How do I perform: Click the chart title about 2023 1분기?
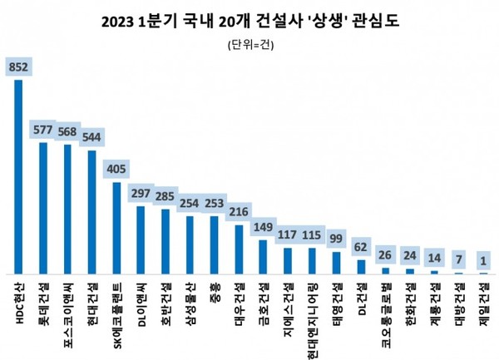(249, 20)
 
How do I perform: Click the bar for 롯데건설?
(42, 208)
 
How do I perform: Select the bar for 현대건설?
(91, 212)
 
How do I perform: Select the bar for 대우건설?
(238, 249)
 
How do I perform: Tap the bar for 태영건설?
(335, 263)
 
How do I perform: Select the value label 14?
(432, 259)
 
